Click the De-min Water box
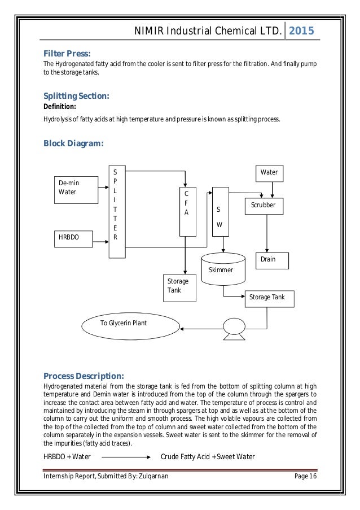[x=72, y=188]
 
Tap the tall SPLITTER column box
[x=117, y=212]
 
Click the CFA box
[x=187, y=212]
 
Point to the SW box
[x=219, y=215]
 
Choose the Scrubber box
[x=264, y=206]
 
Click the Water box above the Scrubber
[x=269, y=172]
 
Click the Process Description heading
[x=84, y=376]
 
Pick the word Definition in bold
[x=60, y=106]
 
